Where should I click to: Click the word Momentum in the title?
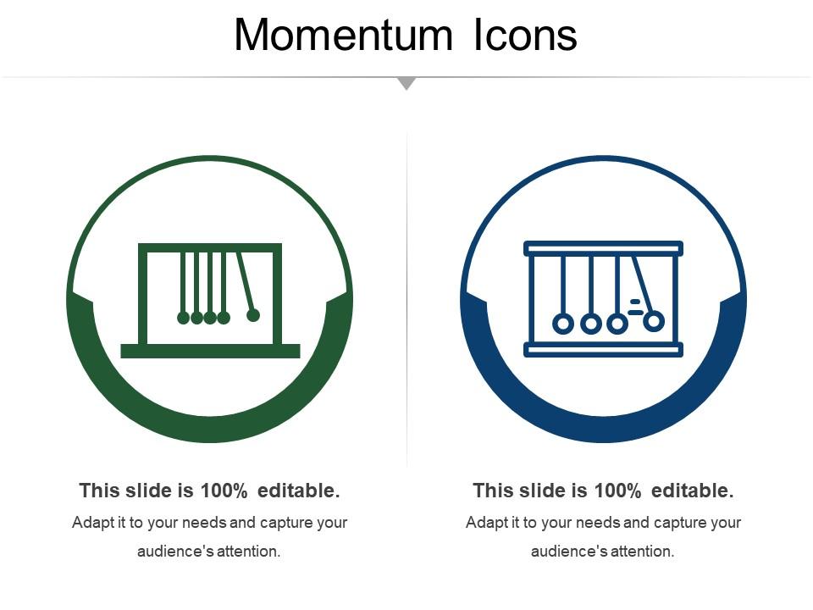click(x=343, y=35)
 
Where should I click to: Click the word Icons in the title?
click(x=525, y=35)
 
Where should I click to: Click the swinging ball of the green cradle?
click(x=253, y=315)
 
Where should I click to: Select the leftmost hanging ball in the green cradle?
click(x=183, y=318)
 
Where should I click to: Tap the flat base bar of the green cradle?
click(x=210, y=351)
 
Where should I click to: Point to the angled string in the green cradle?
click(x=245, y=280)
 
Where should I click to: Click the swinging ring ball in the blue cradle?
click(x=654, y=321)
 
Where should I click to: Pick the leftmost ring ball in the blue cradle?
click(x=563, y=324)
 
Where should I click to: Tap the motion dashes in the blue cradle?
click(x=635, y=307)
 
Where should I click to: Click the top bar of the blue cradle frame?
click(x=603, y=248)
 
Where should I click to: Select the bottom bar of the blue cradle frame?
click(x=603, y=350)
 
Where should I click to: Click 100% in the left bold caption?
click(x=224, y=491)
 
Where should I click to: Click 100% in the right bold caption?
click(x=617, y=491)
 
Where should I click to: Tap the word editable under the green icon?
click(x=299, y=491)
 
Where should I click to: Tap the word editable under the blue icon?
click(x=692, y=491)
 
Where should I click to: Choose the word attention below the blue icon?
click(x=642, y=551)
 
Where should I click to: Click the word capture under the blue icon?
click(x=683, y=523)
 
